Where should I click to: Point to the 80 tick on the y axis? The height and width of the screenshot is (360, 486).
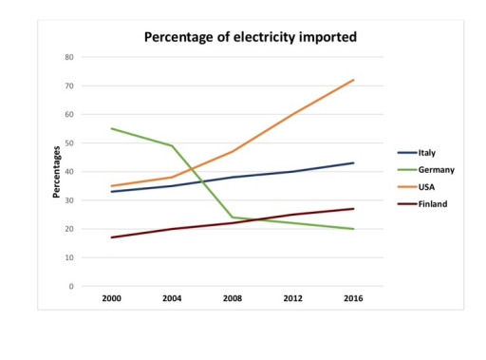point(69,57)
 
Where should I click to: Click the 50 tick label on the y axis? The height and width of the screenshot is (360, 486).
point(69,143)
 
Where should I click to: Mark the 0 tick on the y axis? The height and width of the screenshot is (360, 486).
point(71,286)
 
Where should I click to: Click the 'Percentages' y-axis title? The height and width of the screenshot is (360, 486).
point(57,172)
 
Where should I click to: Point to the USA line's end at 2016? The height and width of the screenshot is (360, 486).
point(353,80)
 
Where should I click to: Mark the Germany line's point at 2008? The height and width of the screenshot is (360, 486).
point(233,218)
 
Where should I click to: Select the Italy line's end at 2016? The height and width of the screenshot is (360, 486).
point(353,162)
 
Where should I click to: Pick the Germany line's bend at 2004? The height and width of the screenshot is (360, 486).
point(173,145)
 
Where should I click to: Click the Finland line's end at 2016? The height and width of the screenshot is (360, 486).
point(353,209)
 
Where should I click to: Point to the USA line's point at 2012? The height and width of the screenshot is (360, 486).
point(293,114)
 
